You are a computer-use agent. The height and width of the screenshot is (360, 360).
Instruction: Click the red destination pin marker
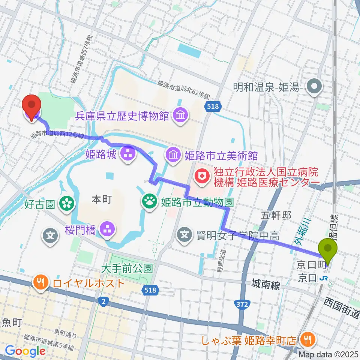pos(31,106)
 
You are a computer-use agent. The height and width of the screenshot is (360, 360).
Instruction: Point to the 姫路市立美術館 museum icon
pos(173,154)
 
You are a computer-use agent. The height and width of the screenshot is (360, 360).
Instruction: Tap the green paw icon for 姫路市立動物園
pos(150,202)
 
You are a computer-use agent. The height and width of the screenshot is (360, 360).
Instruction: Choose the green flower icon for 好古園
pos(67,204)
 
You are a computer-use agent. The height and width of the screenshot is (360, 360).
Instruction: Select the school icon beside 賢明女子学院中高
pos(185,236)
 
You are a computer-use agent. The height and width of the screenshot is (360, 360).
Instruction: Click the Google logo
pos(25,351)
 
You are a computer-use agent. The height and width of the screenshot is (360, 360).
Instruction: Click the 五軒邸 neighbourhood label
pos(276,214)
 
